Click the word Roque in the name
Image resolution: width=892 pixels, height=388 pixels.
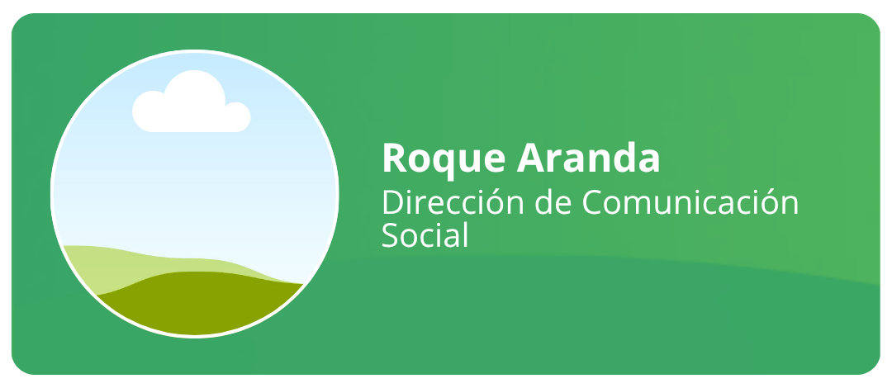444,159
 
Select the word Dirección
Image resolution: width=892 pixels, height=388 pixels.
453,201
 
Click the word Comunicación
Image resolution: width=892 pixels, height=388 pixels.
690,201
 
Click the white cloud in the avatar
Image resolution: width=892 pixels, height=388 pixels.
191,102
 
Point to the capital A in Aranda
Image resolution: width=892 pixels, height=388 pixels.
530,158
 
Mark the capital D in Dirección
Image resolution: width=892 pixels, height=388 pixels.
394,203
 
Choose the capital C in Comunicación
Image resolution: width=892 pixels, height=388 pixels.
594,203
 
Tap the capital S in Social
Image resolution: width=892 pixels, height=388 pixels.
391,234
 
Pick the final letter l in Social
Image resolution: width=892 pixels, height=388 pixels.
464,234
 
